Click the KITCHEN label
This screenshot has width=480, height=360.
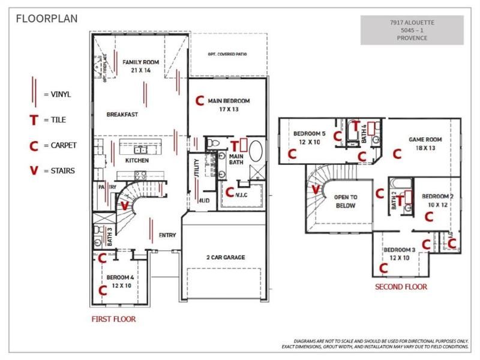click(x=137, y=161)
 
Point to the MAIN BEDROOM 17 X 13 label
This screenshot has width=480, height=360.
click(x=229, y=105)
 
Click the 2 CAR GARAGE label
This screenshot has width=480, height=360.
click(x=224, y=257)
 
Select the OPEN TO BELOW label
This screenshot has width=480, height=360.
click(x=346, y=201)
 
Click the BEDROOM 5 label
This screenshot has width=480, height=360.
click(x=309, y=137)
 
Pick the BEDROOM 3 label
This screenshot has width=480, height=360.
click(x=400, y=253)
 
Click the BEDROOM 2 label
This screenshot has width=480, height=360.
click(x=438, y=200)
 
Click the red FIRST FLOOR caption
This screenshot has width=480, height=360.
click(x=113, y=319)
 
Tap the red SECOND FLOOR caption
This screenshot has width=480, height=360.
click(x=401, y=287)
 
